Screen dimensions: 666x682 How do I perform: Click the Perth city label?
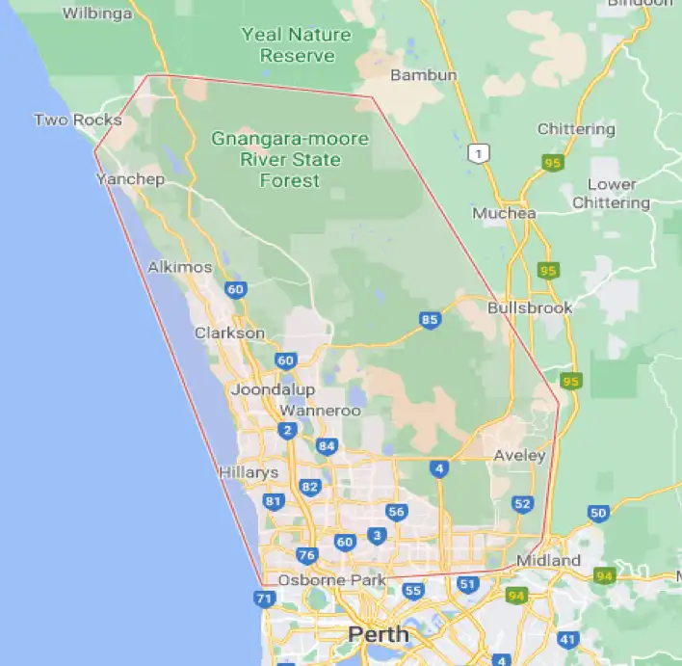[379, 634]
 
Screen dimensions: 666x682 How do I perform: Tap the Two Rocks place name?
[78, 120]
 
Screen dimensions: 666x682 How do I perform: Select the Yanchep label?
[130, 179]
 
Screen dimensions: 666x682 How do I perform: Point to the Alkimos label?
[180, 267]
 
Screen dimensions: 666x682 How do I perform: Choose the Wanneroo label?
[320, 411]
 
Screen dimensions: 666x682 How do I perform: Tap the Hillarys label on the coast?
[249, 472]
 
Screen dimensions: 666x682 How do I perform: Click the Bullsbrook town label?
[530, 308]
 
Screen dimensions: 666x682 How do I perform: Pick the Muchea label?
[504, 213]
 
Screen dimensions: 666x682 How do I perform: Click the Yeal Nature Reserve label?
[297, 45]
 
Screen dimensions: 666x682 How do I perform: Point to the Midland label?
[548, 560]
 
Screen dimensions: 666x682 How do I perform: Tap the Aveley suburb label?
[519, 455]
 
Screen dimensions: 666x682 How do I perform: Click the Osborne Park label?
[331, 580]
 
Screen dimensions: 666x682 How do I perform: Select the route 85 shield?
[430, 320]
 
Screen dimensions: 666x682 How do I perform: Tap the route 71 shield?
[265, 599]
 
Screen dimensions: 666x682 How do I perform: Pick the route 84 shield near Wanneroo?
[328, 445]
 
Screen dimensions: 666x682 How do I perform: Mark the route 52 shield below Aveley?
[523, 503]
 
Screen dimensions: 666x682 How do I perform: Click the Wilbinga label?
[97, 13]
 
